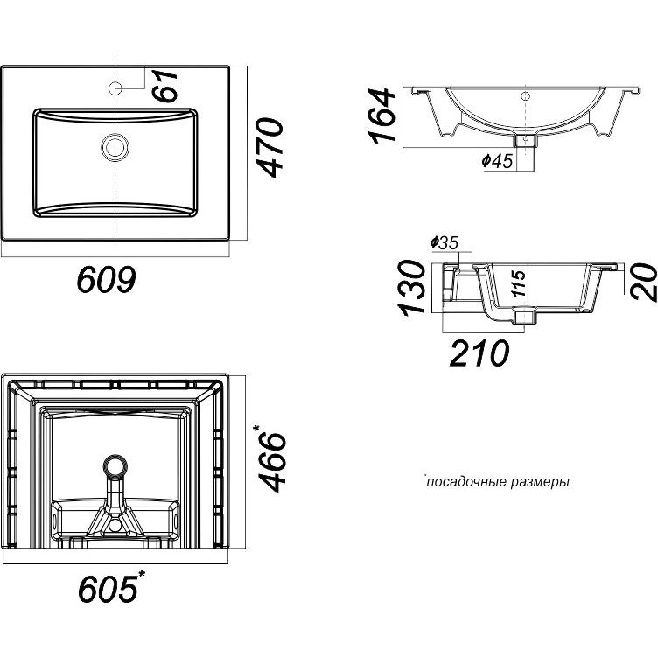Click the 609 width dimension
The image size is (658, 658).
[x=105, y=280]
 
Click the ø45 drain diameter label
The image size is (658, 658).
[x=495, y=160]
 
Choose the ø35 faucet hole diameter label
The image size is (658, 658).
[x=444, y=242]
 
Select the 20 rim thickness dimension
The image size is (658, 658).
[x=644, y=283]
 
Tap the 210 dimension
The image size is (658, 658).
[x=479, y=353]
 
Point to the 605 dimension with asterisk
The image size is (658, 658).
[x=107, y=589]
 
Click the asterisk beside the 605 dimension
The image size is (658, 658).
[x=142, y=573]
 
